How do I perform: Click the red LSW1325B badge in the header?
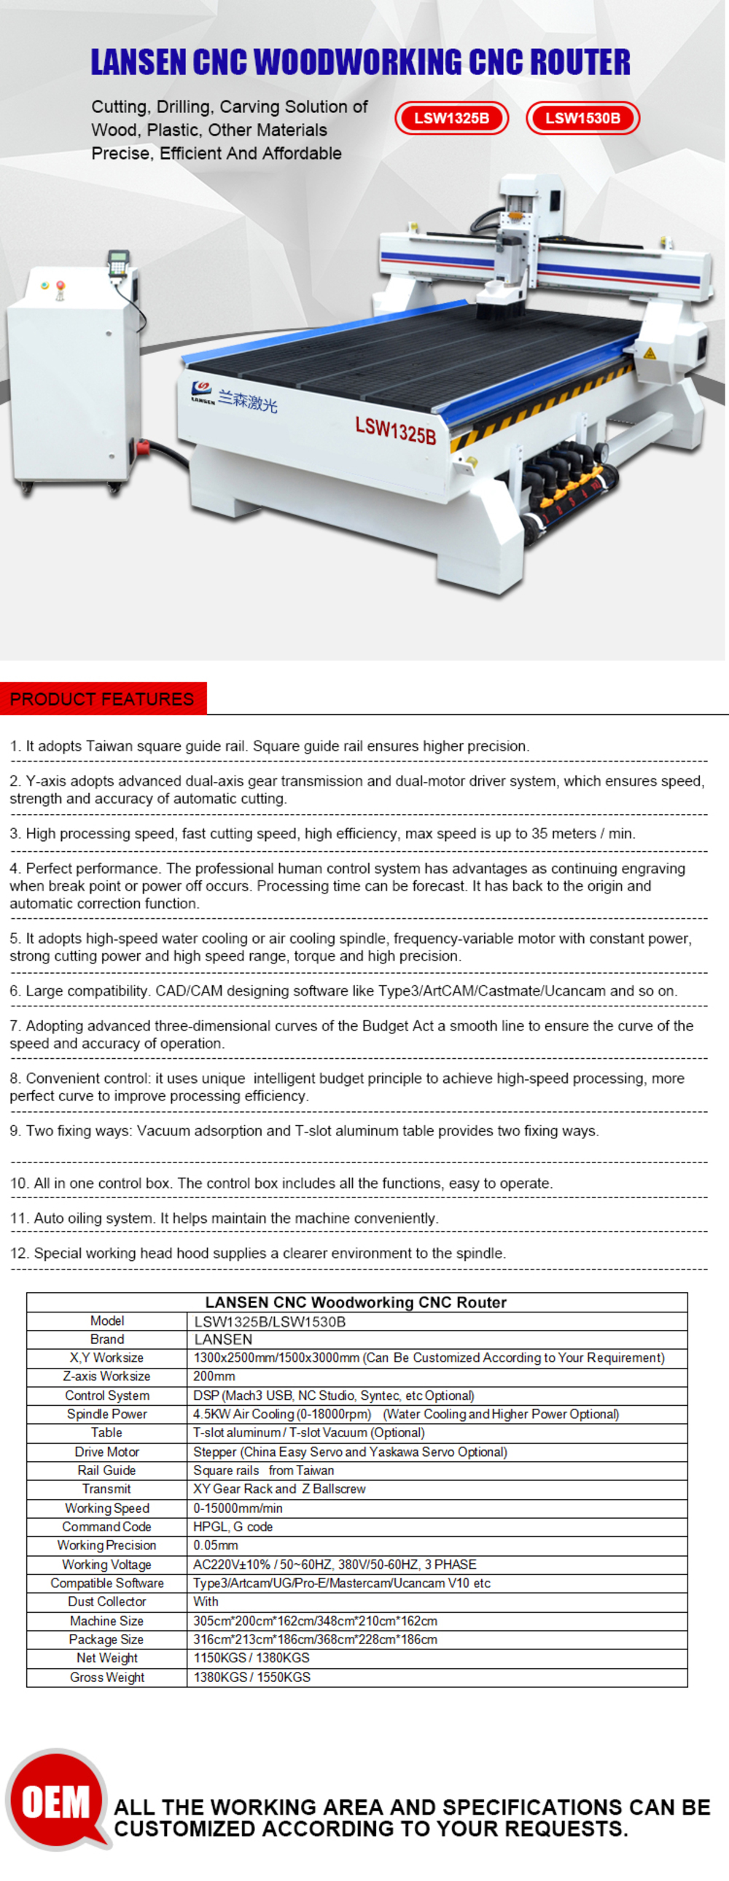coord(451,118)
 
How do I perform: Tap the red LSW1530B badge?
coord(582,118)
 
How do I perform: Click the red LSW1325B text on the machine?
coord(395,430)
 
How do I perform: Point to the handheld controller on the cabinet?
coord(117,264)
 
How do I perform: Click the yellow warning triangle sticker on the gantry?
coord(650,353)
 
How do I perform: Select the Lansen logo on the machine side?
coord(203,392)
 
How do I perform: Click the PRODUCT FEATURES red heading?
coord(102,699)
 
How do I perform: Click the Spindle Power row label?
coord(106,1414)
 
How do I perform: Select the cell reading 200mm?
coord(214,1376)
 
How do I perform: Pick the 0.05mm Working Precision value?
coord(216,1545)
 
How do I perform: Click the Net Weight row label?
coord(106,1657)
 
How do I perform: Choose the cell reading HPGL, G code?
coord(233,1526)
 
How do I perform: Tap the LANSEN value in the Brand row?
coord(223,1340)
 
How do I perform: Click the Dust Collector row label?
coord(106,1601)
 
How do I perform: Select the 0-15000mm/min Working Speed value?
coord(238,1508)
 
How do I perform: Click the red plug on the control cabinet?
coord(142,447)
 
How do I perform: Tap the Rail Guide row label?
coord(106,1470)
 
